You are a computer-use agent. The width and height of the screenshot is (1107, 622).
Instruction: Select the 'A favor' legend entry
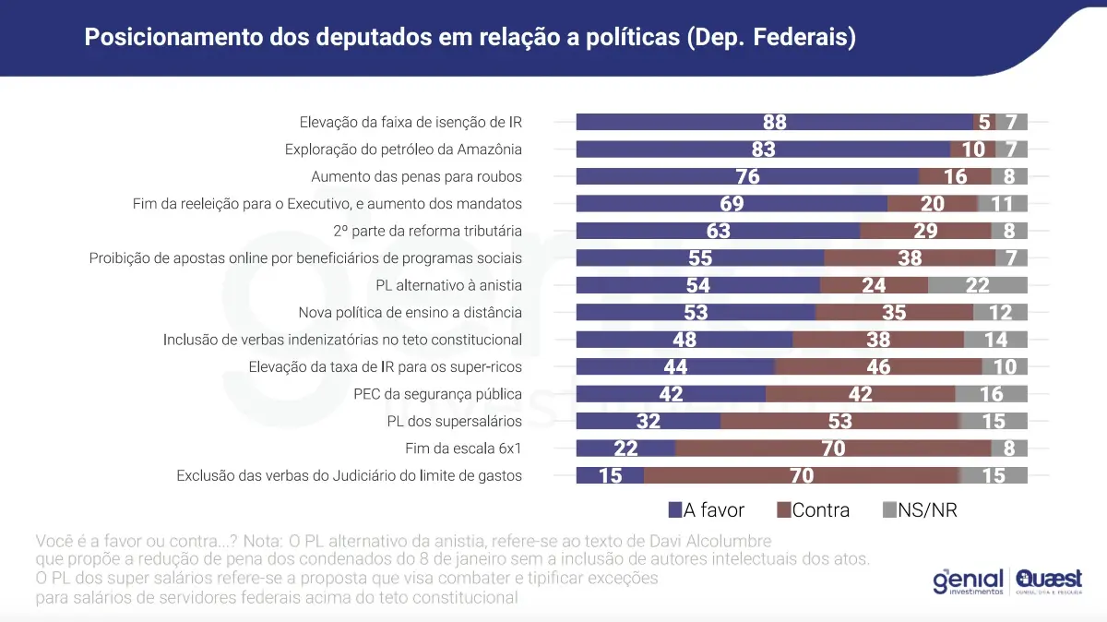pyautogui.click(x=706, y=509)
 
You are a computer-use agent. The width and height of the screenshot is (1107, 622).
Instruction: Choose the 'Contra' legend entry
pyautogui.click(x=814, y=509)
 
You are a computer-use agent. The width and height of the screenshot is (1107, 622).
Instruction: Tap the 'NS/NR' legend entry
pyautogui.click(x=920, y=509)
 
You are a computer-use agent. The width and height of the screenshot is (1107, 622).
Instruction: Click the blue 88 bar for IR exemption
pyautogui.click(x=775, y=122)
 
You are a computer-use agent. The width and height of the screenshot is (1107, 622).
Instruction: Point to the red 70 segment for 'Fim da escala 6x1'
pyautogui.click(x=833, y=449)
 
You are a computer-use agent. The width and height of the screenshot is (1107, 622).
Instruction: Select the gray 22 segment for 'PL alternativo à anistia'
pyautogui.click(x=977, y=285)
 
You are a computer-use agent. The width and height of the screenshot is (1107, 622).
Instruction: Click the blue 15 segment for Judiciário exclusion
pyautogui.click(x=610, y=476)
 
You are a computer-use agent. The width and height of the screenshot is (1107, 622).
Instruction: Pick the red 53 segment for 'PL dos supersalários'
pyautogui.click(x=839, y=422)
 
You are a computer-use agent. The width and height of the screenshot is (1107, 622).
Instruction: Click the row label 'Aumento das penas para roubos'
pyautogui.click(x=416, y=176)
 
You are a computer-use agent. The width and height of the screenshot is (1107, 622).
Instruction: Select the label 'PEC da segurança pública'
pyautogui.click(x=438, y=394)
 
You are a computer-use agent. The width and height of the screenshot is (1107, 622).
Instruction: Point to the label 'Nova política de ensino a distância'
pyautogui.click(x=410, y=313)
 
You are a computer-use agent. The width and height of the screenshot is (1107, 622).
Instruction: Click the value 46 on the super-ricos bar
pyautogui.click(x=878, y=367)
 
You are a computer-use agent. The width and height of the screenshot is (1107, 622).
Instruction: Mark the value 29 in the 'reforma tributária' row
pyautogui.click(x=925, y=231)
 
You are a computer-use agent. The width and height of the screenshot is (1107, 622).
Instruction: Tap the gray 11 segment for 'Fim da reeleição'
pyautogui.click(x=1002, y=204)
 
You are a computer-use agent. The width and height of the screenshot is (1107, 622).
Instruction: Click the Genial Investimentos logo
pyautogui.click(x=966, y=582)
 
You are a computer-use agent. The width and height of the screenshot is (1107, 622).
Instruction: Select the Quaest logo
pyautogui.click(x=1049, y=582)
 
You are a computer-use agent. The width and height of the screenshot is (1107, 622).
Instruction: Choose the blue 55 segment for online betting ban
pyautogui.click(x=699, y=258)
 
